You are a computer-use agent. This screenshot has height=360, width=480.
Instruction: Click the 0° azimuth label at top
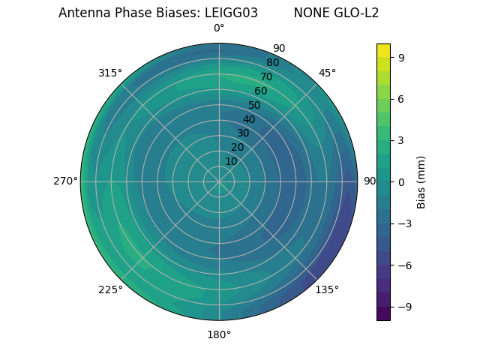tap(219, 28)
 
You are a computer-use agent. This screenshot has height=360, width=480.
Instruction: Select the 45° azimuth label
tap(328, 73)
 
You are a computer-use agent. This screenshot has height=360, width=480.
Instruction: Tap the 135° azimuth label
tap(327, 289)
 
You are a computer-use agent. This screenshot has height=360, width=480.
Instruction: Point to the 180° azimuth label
tap(219, 334)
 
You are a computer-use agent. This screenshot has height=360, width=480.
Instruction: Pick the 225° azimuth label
tap(110, 289)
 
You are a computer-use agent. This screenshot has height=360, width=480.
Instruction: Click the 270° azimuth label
tap(65, 181)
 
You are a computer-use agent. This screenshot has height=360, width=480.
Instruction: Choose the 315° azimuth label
tap(109, 73)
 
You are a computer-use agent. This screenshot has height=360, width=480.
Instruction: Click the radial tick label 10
tap(231, 161)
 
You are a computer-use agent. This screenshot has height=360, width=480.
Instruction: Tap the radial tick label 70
tap(266, 77)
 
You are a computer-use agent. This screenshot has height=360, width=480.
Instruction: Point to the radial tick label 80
tap(272, 63)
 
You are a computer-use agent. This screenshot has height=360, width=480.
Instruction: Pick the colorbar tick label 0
tap(402, 181)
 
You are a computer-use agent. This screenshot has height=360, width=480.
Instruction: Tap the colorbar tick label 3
tap(402, 140)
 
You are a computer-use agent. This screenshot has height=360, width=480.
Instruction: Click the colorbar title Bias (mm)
tap(421, 181)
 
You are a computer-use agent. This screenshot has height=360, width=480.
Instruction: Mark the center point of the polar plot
tap(219, 181)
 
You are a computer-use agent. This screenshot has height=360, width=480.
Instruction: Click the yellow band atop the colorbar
tap(383, 50)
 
